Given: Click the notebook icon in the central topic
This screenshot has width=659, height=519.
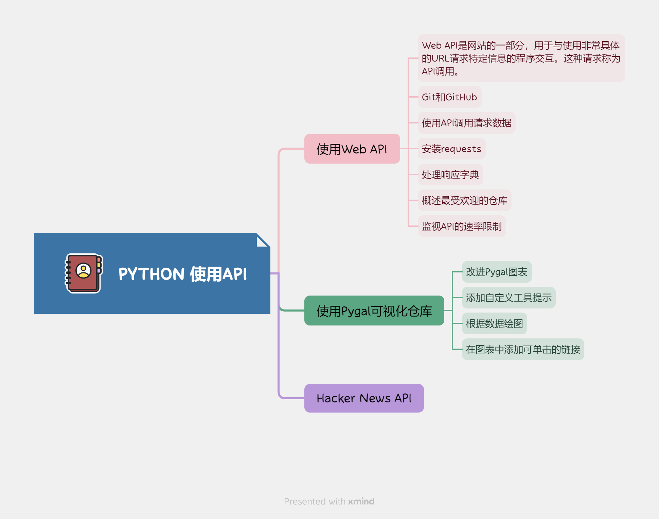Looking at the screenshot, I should point(84,273).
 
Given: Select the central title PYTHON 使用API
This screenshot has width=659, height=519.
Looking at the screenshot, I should point(182,274).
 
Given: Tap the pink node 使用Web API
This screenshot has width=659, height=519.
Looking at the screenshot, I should point(352,149).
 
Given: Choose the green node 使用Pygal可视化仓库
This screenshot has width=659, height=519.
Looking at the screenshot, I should point(374,311).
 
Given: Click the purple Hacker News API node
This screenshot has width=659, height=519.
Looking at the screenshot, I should point(364,398).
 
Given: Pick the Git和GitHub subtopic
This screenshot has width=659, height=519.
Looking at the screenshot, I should point(449,97).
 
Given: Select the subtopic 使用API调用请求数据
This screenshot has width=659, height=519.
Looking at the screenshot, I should point(466,123).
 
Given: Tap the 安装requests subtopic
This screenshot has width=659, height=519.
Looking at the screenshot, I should point(451,149).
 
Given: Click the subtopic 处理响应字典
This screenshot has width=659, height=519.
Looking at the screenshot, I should point(450,175).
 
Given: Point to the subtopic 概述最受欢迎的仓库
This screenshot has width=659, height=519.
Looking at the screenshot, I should point(464,201).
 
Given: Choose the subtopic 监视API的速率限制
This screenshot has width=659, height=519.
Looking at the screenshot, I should point(462,227).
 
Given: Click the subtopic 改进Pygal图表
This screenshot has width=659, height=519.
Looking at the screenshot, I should point(497,272).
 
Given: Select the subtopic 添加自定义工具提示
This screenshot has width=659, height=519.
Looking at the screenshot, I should point(509,298).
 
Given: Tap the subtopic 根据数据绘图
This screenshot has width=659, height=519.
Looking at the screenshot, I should point(494,324).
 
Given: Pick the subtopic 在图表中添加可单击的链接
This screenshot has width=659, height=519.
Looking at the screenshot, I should point(523,350).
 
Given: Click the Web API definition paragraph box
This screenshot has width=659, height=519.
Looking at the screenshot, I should point(521,58).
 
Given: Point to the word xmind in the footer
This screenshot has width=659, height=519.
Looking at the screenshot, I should point(361,501).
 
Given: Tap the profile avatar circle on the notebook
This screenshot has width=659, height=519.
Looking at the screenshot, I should point(84,271).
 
